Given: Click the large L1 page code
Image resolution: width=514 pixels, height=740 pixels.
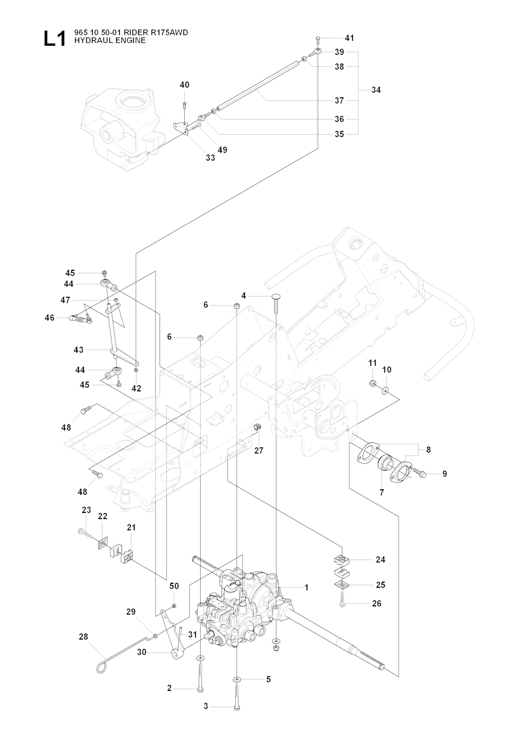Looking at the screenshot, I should (55, 39).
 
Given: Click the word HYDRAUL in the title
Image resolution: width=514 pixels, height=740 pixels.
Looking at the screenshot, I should (89, 40).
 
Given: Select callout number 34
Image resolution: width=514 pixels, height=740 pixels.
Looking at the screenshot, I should (376, 90).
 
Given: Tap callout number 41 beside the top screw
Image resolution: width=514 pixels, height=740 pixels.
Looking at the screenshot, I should (349, 38).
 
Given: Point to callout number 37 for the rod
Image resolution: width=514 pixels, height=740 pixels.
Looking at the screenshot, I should (339, 100).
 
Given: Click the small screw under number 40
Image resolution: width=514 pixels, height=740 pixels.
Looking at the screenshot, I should (184, 103).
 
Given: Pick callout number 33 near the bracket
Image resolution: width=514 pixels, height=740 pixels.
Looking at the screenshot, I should (210, 158).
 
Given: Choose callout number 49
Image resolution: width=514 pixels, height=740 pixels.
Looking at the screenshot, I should (222, 150).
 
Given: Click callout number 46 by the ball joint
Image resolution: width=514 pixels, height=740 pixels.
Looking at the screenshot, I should (49, 318).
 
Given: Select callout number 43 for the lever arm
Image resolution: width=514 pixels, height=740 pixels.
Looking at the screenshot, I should (78, 350).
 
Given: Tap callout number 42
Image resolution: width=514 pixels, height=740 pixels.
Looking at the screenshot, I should (137, 388).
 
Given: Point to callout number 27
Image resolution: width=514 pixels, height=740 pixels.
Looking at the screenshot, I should (259, 451).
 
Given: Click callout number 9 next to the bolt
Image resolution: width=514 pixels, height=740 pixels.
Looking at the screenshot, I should (444, 473).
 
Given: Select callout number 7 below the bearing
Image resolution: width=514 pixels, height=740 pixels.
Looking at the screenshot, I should (381, 493).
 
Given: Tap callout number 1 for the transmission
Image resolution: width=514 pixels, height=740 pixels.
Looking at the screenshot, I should (306, 587).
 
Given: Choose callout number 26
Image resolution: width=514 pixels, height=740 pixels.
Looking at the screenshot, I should (376, 603).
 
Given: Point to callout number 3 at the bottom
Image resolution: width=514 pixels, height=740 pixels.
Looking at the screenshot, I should (206, 707).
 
